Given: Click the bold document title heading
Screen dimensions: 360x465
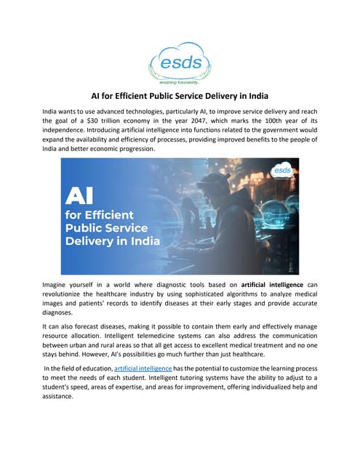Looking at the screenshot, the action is pyautogui.click(x=180, y=94).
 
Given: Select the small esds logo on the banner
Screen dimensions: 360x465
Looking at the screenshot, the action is pyautogui.click(x=281, y=171).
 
